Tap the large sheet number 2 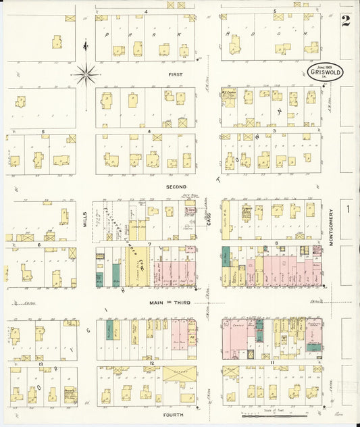tap(346, 20)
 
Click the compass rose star tap(86, 74)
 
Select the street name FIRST tap(176, 74)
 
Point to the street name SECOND tap(177, 186)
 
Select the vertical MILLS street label tap(86, 216)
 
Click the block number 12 tap(151, 363)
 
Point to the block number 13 tap(41, 363)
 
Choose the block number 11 tap(272, 363)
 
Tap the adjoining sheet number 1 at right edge tap(349, 209)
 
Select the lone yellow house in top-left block tap(58, 43)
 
